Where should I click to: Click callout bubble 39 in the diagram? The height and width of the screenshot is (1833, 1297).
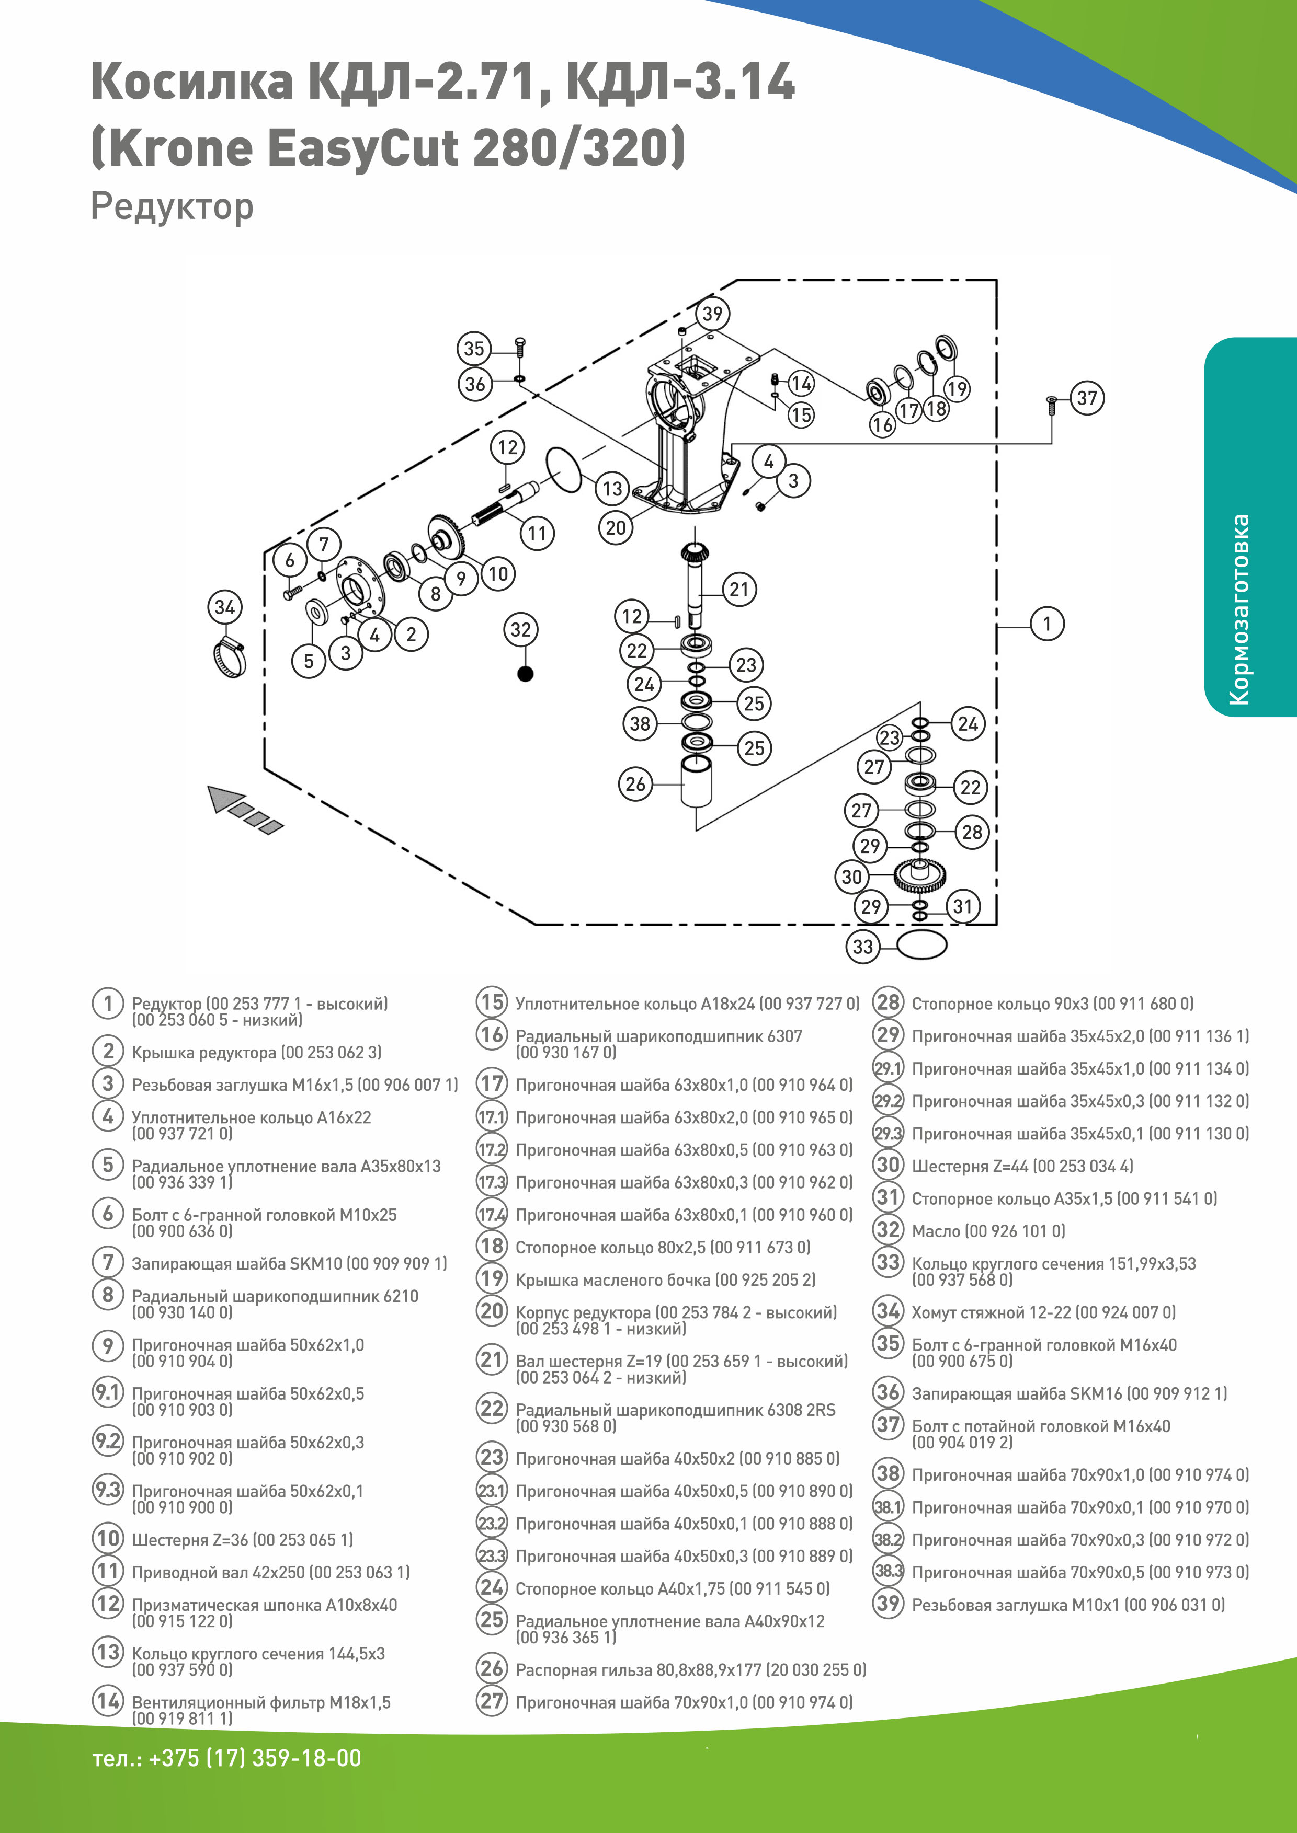(712, 314)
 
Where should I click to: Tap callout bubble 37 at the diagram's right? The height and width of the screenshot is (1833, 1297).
(1087, 398)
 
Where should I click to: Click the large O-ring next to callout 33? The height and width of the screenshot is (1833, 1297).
(921, 944)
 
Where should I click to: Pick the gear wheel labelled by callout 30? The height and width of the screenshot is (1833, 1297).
(920, 876)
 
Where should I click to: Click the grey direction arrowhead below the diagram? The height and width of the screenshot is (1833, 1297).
(225, 798)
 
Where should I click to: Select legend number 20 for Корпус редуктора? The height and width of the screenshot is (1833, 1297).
(492, 1311)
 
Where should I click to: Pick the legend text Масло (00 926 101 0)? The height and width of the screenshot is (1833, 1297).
(988, 1231)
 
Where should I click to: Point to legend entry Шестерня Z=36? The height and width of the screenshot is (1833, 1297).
(242, 1539)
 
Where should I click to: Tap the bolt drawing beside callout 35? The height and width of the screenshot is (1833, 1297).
(519, 349)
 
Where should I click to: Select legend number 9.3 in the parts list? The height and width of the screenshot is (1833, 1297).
(108, 1490)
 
